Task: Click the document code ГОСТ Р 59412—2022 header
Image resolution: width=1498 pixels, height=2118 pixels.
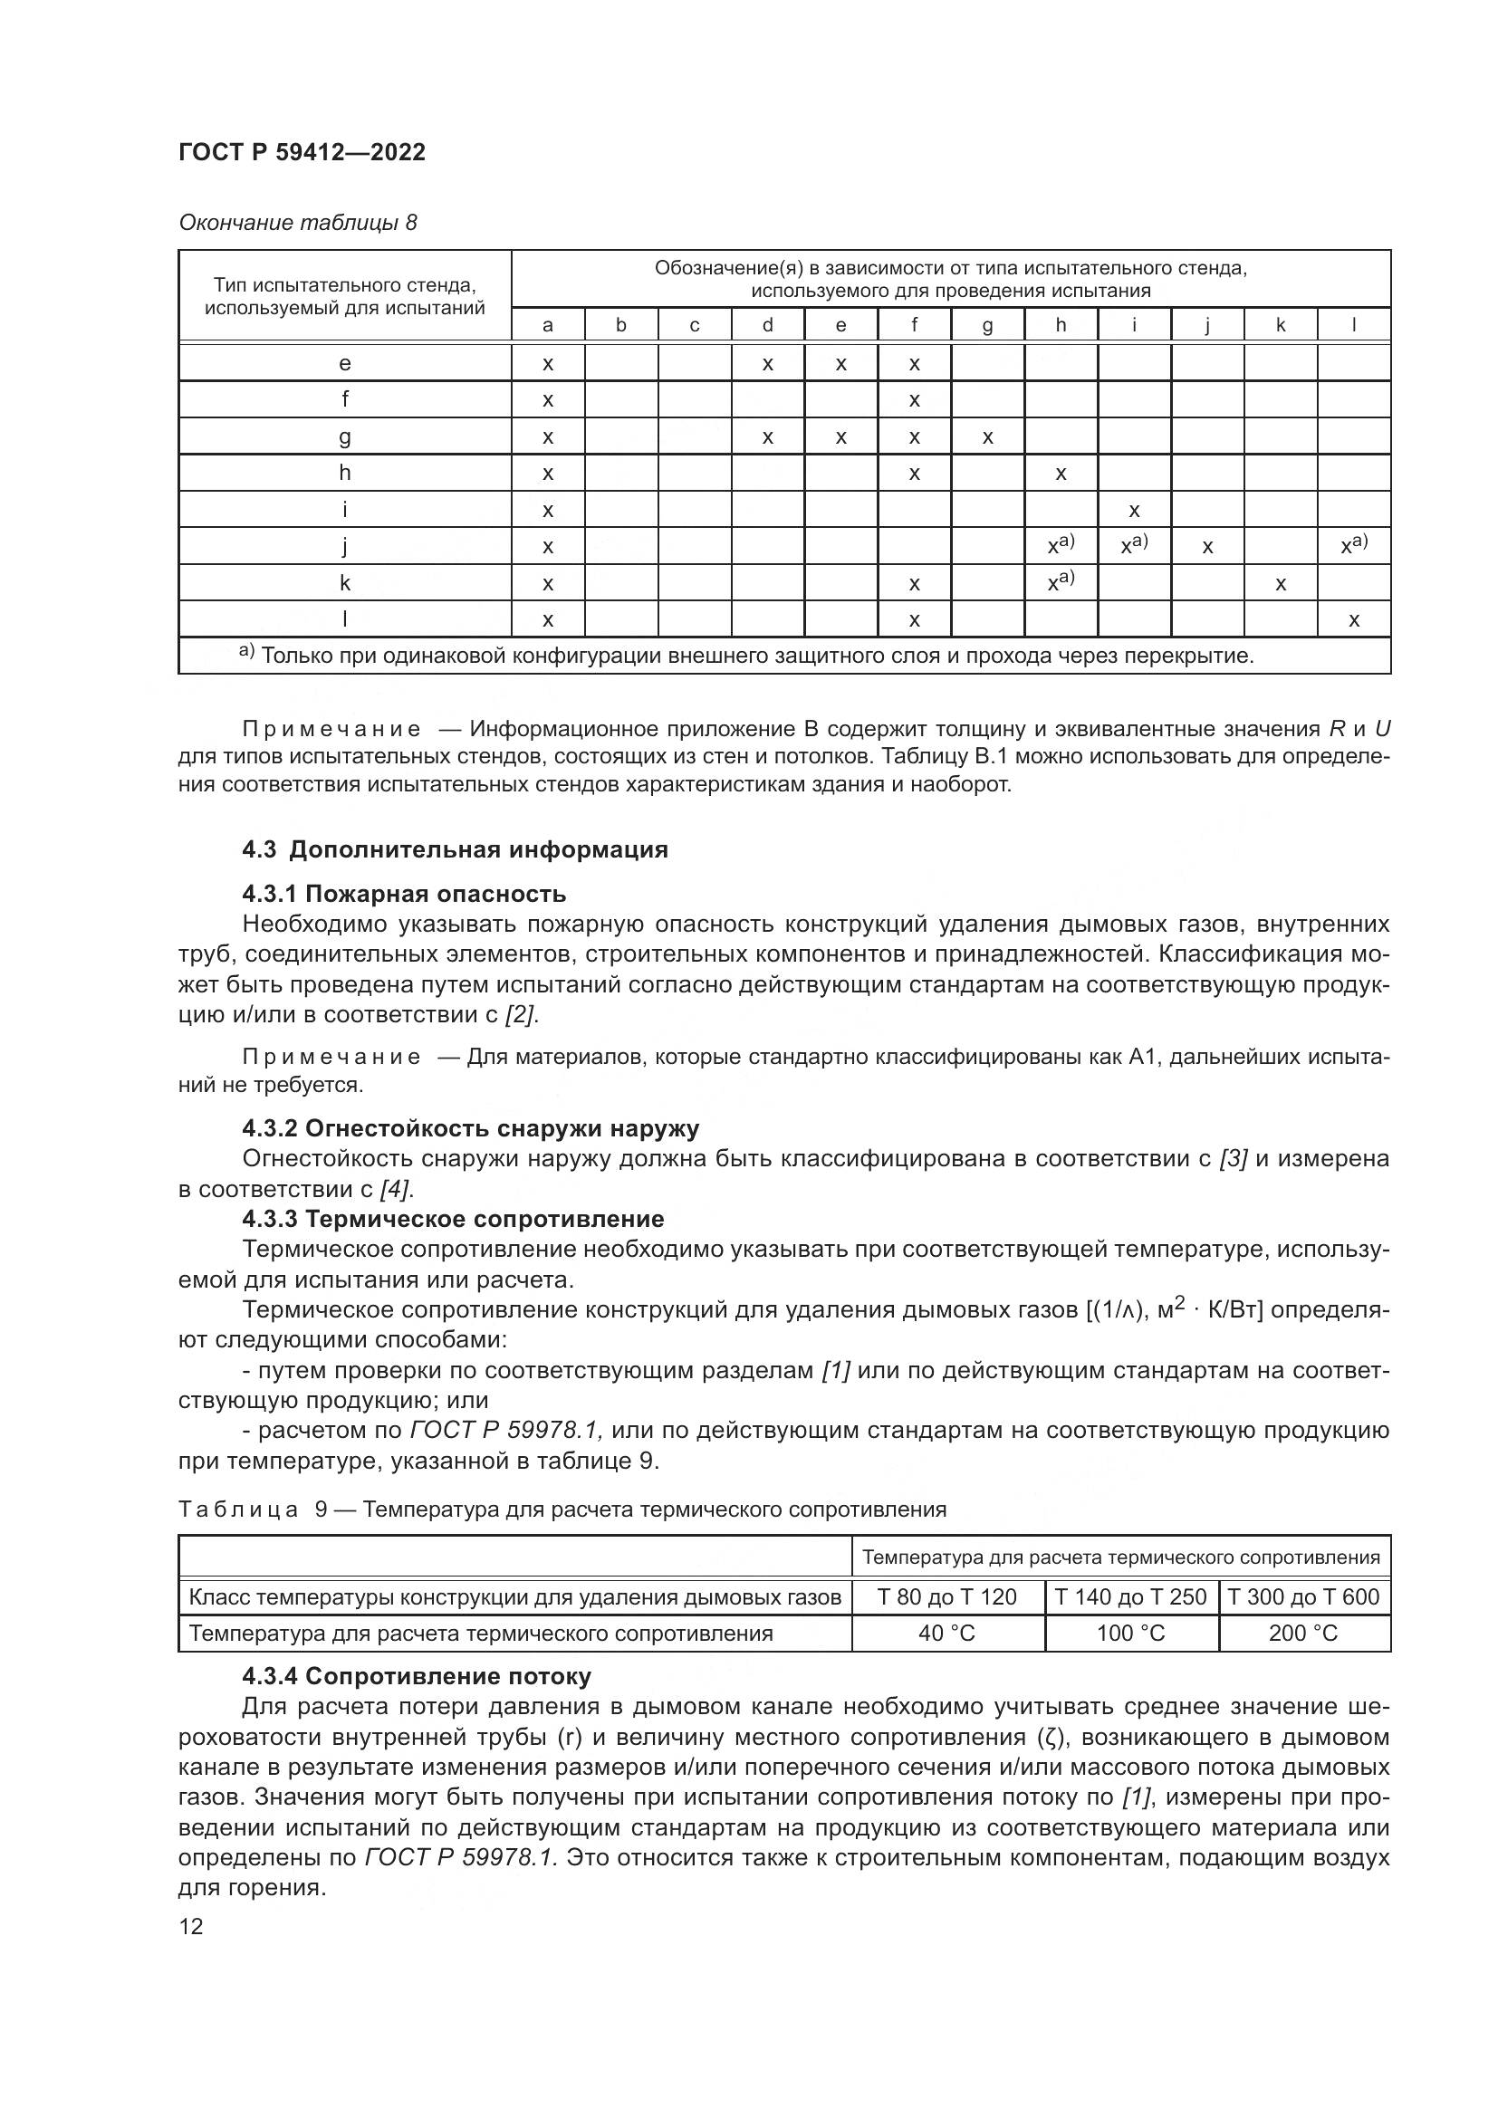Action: coord(302,153)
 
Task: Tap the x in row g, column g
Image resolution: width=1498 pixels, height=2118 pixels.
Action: coord(987,437)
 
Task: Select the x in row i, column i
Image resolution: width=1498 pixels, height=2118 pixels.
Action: coord(1134,510)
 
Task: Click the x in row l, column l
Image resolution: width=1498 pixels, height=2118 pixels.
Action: coord(1353,620)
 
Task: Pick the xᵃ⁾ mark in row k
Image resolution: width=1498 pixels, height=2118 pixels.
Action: coord(1060,582)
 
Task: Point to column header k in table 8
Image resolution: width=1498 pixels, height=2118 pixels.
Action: coord(1281,325)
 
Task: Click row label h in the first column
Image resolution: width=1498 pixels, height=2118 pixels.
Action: coord(344,474)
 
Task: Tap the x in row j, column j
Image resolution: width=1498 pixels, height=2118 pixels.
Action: coord(1206,547)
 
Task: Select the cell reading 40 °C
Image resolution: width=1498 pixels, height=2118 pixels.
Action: coord(946,1634)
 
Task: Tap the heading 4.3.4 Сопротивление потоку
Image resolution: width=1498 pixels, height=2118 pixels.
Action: coord(416,1676)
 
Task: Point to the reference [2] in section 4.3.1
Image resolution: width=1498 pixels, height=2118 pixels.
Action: coord(520,1015)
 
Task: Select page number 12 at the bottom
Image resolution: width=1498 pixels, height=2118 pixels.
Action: coord(191,1926)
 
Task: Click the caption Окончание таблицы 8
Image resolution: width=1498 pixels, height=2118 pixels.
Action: coord(297,224)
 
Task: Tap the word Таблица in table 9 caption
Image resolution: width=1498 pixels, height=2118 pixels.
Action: coord(238,1510)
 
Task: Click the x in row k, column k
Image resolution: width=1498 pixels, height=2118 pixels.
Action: coord(1281,584)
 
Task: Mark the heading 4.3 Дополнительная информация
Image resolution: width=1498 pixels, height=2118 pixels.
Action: coord(455,849)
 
